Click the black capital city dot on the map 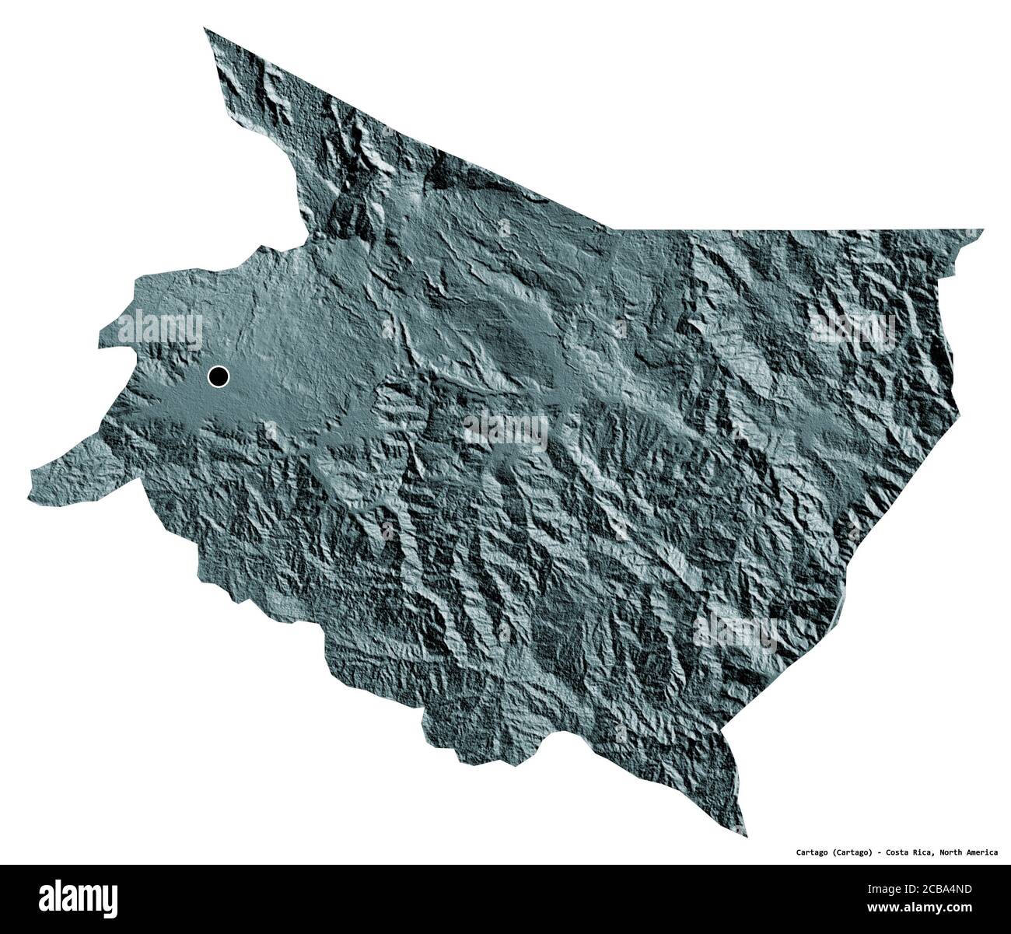(219, 377)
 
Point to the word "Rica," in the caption (922, 852)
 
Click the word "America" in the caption (985, 852)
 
